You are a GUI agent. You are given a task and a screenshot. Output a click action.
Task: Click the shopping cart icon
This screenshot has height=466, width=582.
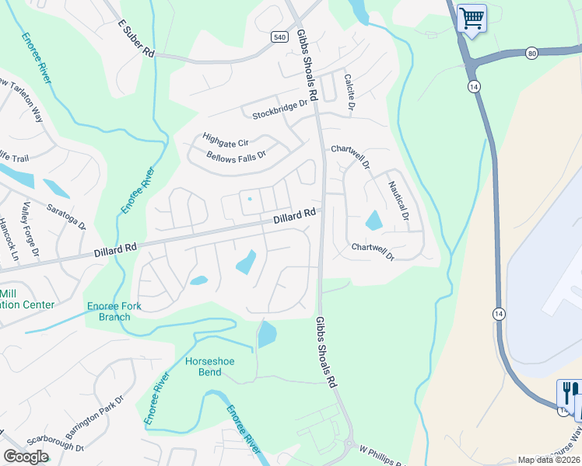pyautogui.click(x=472, y=17)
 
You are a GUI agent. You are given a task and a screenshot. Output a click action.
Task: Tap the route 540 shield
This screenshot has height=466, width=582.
pyautogui.click(x=280, y=37)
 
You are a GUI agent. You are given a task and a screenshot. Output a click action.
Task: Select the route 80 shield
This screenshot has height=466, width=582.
pyautogui.click(x=531, y=53)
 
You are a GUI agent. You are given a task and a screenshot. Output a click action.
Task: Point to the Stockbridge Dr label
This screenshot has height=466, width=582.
pyautogui.click(x=281, y=110)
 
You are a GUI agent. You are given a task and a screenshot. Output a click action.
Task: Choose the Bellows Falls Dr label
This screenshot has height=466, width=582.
pyautogui.click(x=237, y=155)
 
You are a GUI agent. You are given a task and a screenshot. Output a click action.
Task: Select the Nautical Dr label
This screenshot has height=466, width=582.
pyautogui.click(x=398, y=201)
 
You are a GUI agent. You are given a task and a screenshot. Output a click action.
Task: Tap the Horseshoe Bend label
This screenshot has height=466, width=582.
pyautogui.click(x=210, y=367)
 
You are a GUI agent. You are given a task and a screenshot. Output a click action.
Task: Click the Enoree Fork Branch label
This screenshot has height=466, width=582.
pyautogui.click(x=114, y=311)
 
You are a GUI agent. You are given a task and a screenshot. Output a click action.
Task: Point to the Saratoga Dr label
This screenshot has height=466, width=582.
pyautogui.click(x=65, y=217)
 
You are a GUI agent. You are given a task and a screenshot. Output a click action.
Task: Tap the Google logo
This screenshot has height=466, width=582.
pyautogui.click(x=26, y=457)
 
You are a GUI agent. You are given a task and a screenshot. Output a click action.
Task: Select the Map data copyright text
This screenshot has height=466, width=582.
pyautogui.click(x=549, y=460)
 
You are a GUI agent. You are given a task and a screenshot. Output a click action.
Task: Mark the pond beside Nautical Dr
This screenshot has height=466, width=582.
pyautogui.click(x=373, y=221)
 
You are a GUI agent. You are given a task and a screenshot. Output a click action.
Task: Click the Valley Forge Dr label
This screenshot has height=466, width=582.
pyautogui.click(x=30, y=228)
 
